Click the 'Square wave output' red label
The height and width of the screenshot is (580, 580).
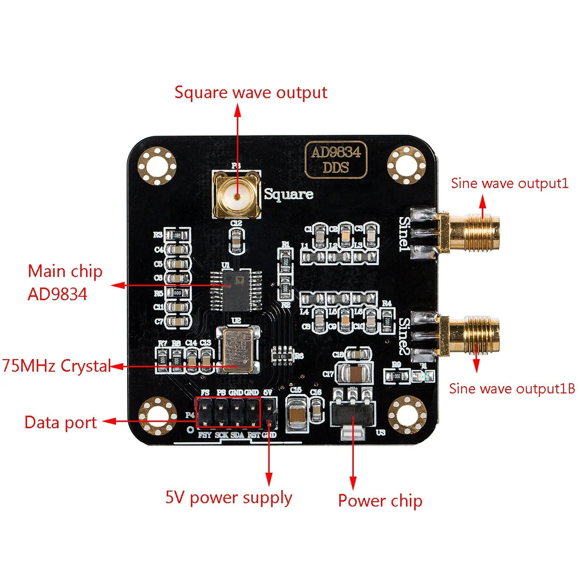[251, 92]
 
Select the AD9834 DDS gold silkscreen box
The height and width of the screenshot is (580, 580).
[335, 160]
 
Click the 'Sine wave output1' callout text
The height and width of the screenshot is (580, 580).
[509, 184]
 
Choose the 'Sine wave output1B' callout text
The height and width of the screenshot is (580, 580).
[512, 389]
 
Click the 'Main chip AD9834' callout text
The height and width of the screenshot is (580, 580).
[65, 282]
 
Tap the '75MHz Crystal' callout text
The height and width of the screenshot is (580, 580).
[57, 366]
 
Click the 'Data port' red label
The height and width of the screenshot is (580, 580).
[61, 422]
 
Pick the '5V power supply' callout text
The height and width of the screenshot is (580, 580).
[229, 498]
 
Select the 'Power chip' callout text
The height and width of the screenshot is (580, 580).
[380, 501]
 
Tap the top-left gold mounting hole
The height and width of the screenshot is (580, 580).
[157, 167]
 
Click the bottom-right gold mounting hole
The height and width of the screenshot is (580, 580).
[407, 414]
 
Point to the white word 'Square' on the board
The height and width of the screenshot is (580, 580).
[289, 194]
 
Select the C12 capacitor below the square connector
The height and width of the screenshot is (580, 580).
[236, 240]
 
